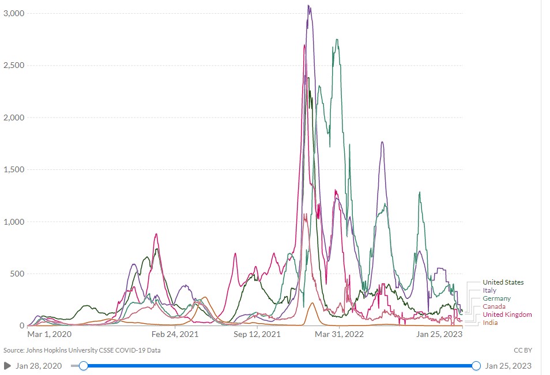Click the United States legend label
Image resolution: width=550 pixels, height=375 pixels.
[503, 282]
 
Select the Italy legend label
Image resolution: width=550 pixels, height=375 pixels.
[489, 290]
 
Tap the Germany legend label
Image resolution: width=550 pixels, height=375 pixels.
[496, 298]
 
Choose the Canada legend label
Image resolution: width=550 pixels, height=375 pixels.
[494, 306]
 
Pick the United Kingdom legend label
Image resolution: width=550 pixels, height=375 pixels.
[507, 315]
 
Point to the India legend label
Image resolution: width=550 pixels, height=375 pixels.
[490, 323]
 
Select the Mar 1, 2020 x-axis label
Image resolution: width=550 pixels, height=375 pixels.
[49, 334]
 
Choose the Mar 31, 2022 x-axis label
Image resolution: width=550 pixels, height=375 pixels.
[339, 334]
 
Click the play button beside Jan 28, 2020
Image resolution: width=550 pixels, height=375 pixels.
[7, 366]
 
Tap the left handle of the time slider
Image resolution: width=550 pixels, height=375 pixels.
[84, 366]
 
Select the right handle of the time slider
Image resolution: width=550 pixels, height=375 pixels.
[476, 366]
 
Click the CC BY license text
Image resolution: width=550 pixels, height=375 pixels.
[522, 350]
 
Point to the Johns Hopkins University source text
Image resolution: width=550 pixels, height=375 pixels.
[82, 350]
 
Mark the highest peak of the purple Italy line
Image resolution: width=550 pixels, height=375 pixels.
[309, 6]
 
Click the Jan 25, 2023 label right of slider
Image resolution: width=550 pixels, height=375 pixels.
[508, 366]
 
